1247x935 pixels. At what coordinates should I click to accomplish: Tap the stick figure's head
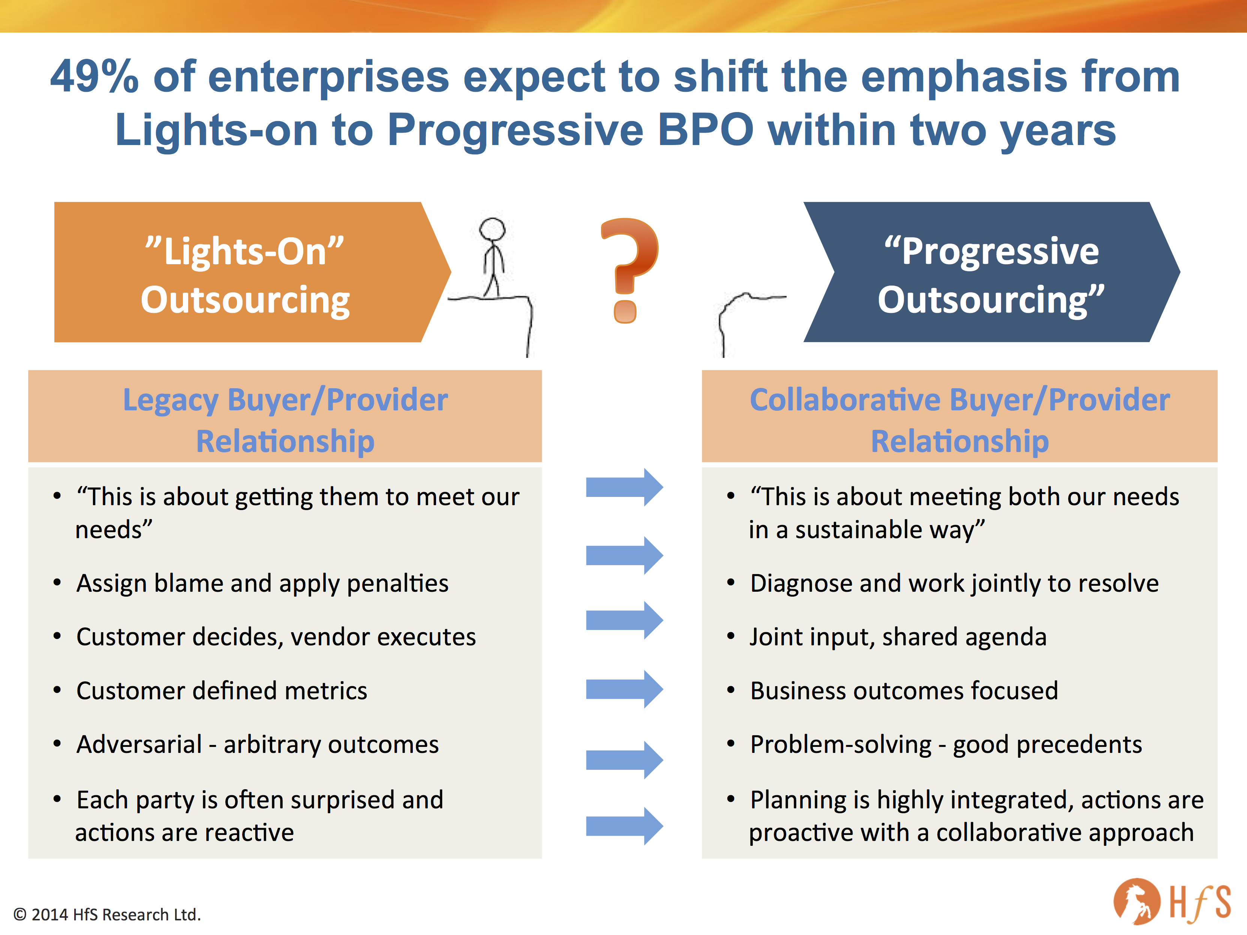click(492, 229)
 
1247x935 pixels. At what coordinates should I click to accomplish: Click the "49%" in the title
click(94, 77)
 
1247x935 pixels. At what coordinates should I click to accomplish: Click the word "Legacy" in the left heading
click(171, 400)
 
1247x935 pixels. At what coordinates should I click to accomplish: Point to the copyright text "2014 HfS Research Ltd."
click(115, 914)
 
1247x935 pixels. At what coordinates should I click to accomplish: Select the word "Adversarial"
click(139, 745)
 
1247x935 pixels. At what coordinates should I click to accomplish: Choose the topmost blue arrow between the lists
click(624, 487)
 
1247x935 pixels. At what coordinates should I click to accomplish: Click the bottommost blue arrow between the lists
click(624, 826)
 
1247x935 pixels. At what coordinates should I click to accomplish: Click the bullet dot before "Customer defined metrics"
click(57, 690)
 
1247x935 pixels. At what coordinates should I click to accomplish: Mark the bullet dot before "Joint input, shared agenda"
click(731, 637)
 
